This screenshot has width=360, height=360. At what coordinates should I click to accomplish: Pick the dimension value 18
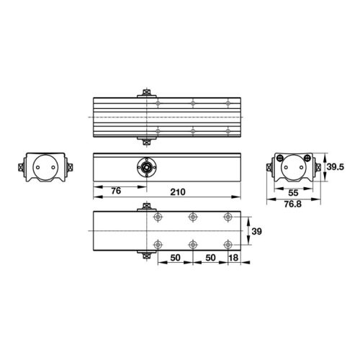(x=234, y=257)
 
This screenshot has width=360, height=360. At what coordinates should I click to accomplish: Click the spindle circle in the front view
(x=147, y=166)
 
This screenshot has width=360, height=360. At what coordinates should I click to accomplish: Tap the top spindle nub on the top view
(x=147, y=92)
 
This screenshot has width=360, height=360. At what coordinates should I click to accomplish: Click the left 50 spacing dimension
(x=175, y=257)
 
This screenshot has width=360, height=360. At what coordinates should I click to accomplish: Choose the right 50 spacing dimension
(x=211, y=257)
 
